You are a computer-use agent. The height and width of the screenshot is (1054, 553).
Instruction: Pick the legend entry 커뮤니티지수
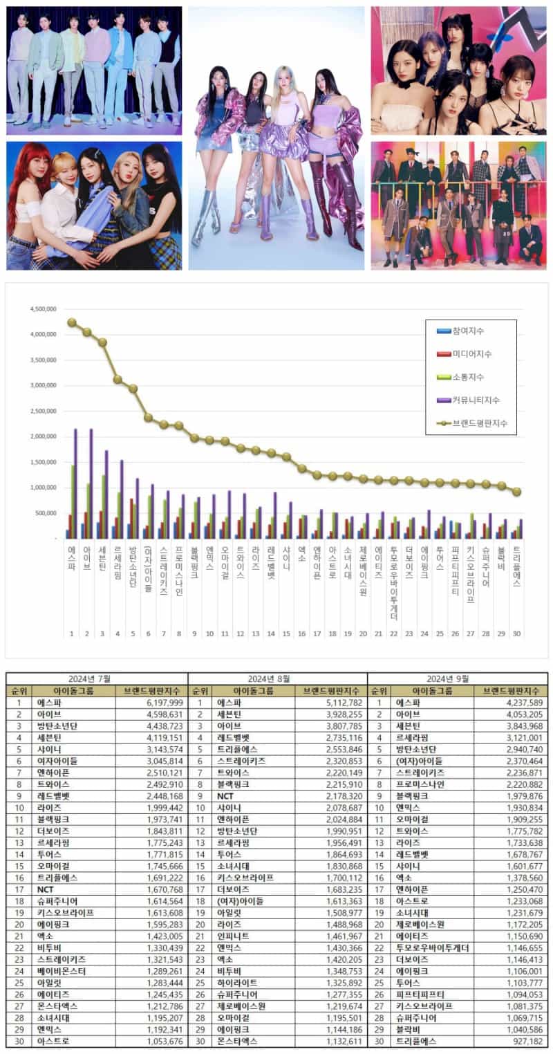coord(476,400)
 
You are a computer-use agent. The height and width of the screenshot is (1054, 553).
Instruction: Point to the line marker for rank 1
coord(71,322)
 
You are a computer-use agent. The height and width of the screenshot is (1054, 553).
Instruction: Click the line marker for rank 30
coord(516,492)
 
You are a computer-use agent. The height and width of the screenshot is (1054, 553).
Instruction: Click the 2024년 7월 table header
coord(96,678)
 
